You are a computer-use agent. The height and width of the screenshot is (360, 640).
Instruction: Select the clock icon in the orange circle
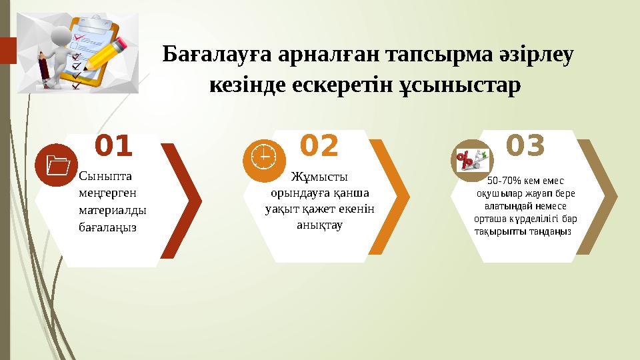(265, 159)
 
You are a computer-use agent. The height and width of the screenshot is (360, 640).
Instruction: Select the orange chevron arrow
(393, 197)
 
